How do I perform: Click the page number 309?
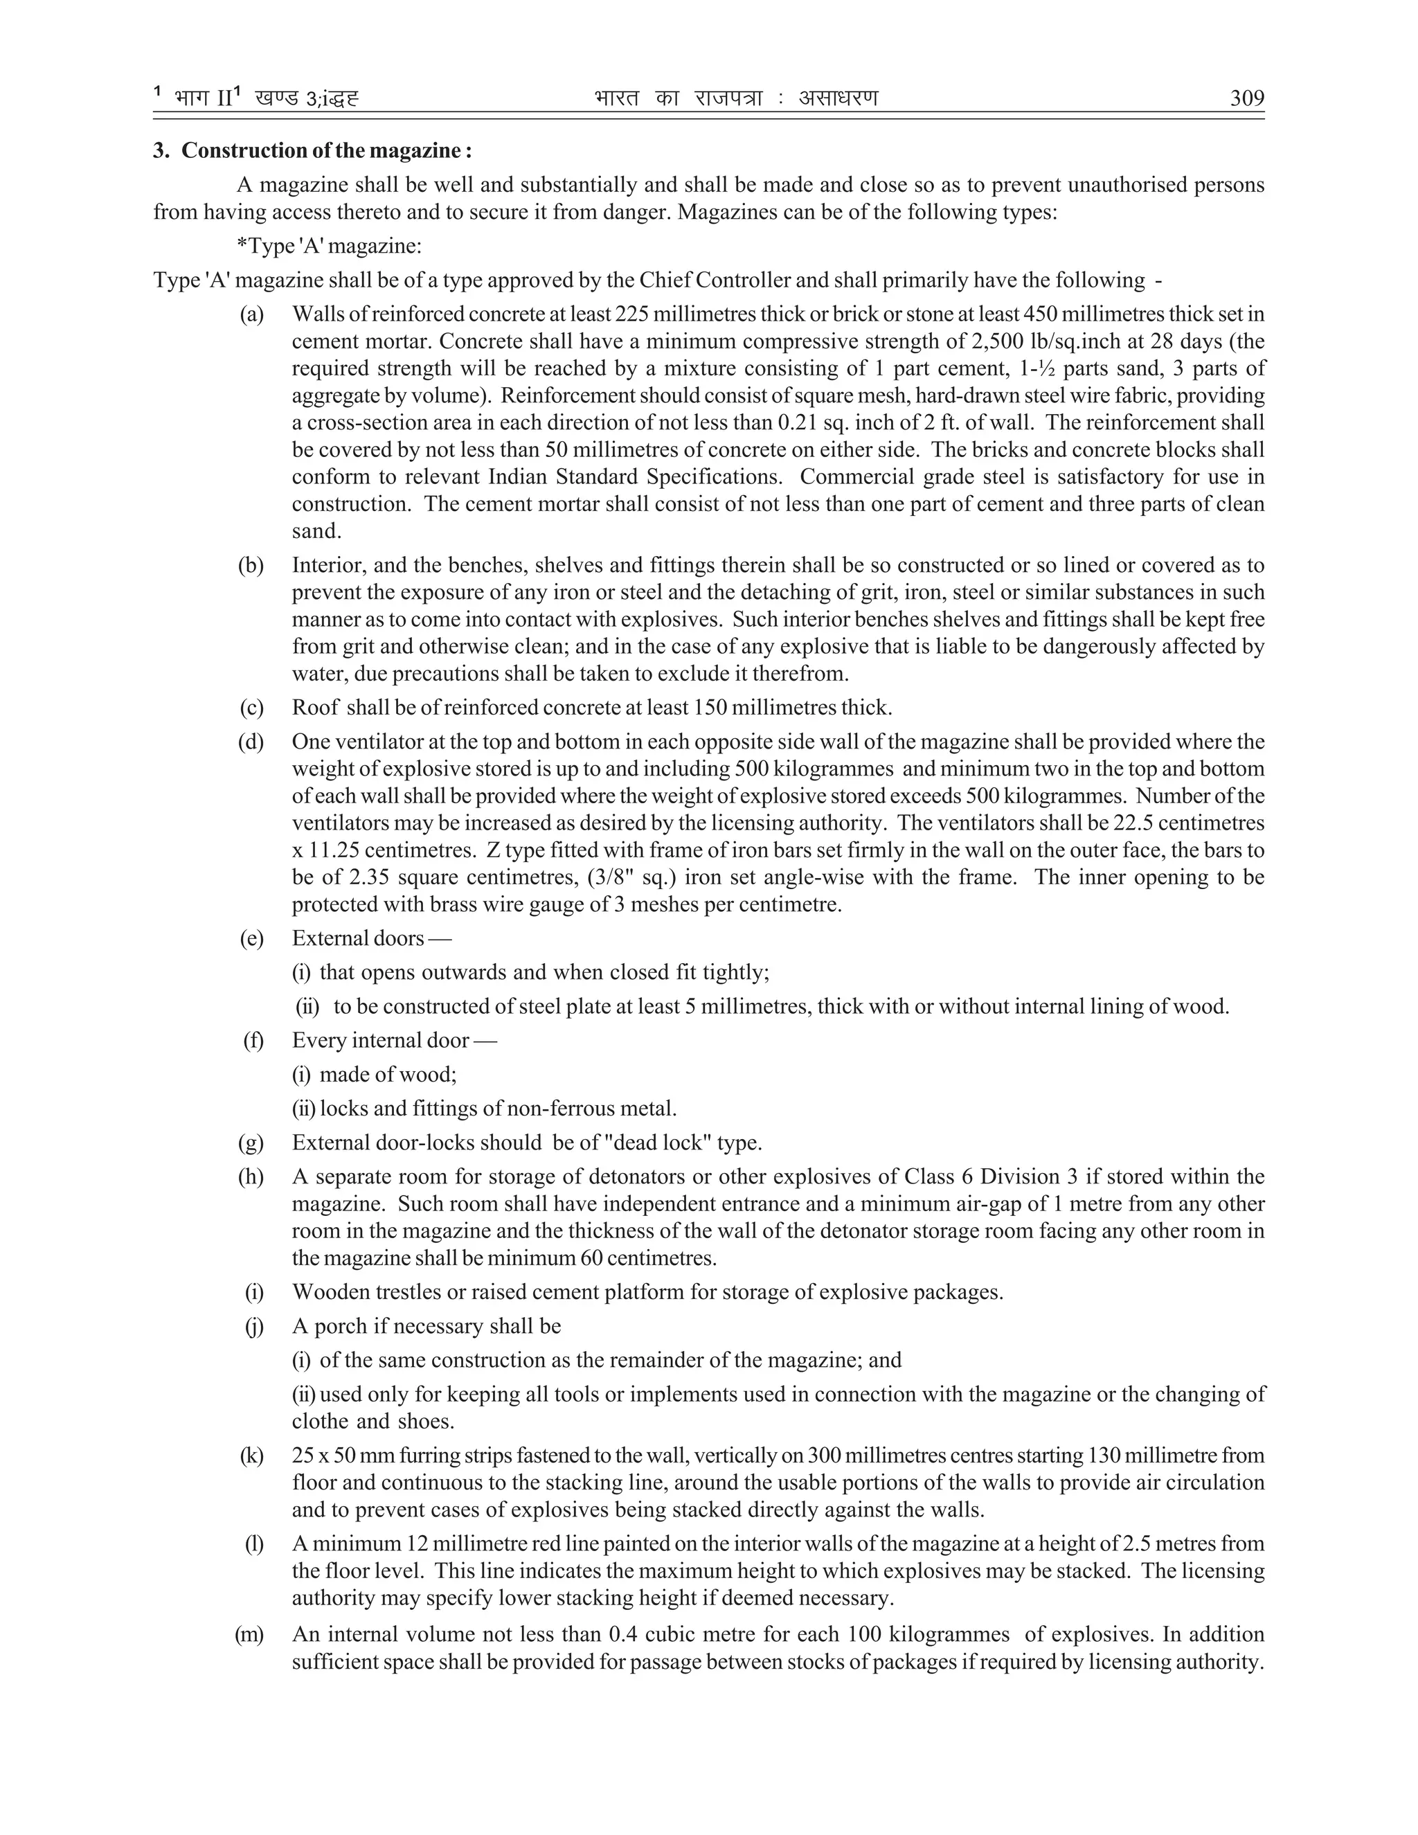[1246, 99]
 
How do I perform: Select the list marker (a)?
[251, 314]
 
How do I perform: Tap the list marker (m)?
[249, 1634]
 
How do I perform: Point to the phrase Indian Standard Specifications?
[636, 476]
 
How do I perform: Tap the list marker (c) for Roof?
[251, 708]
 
